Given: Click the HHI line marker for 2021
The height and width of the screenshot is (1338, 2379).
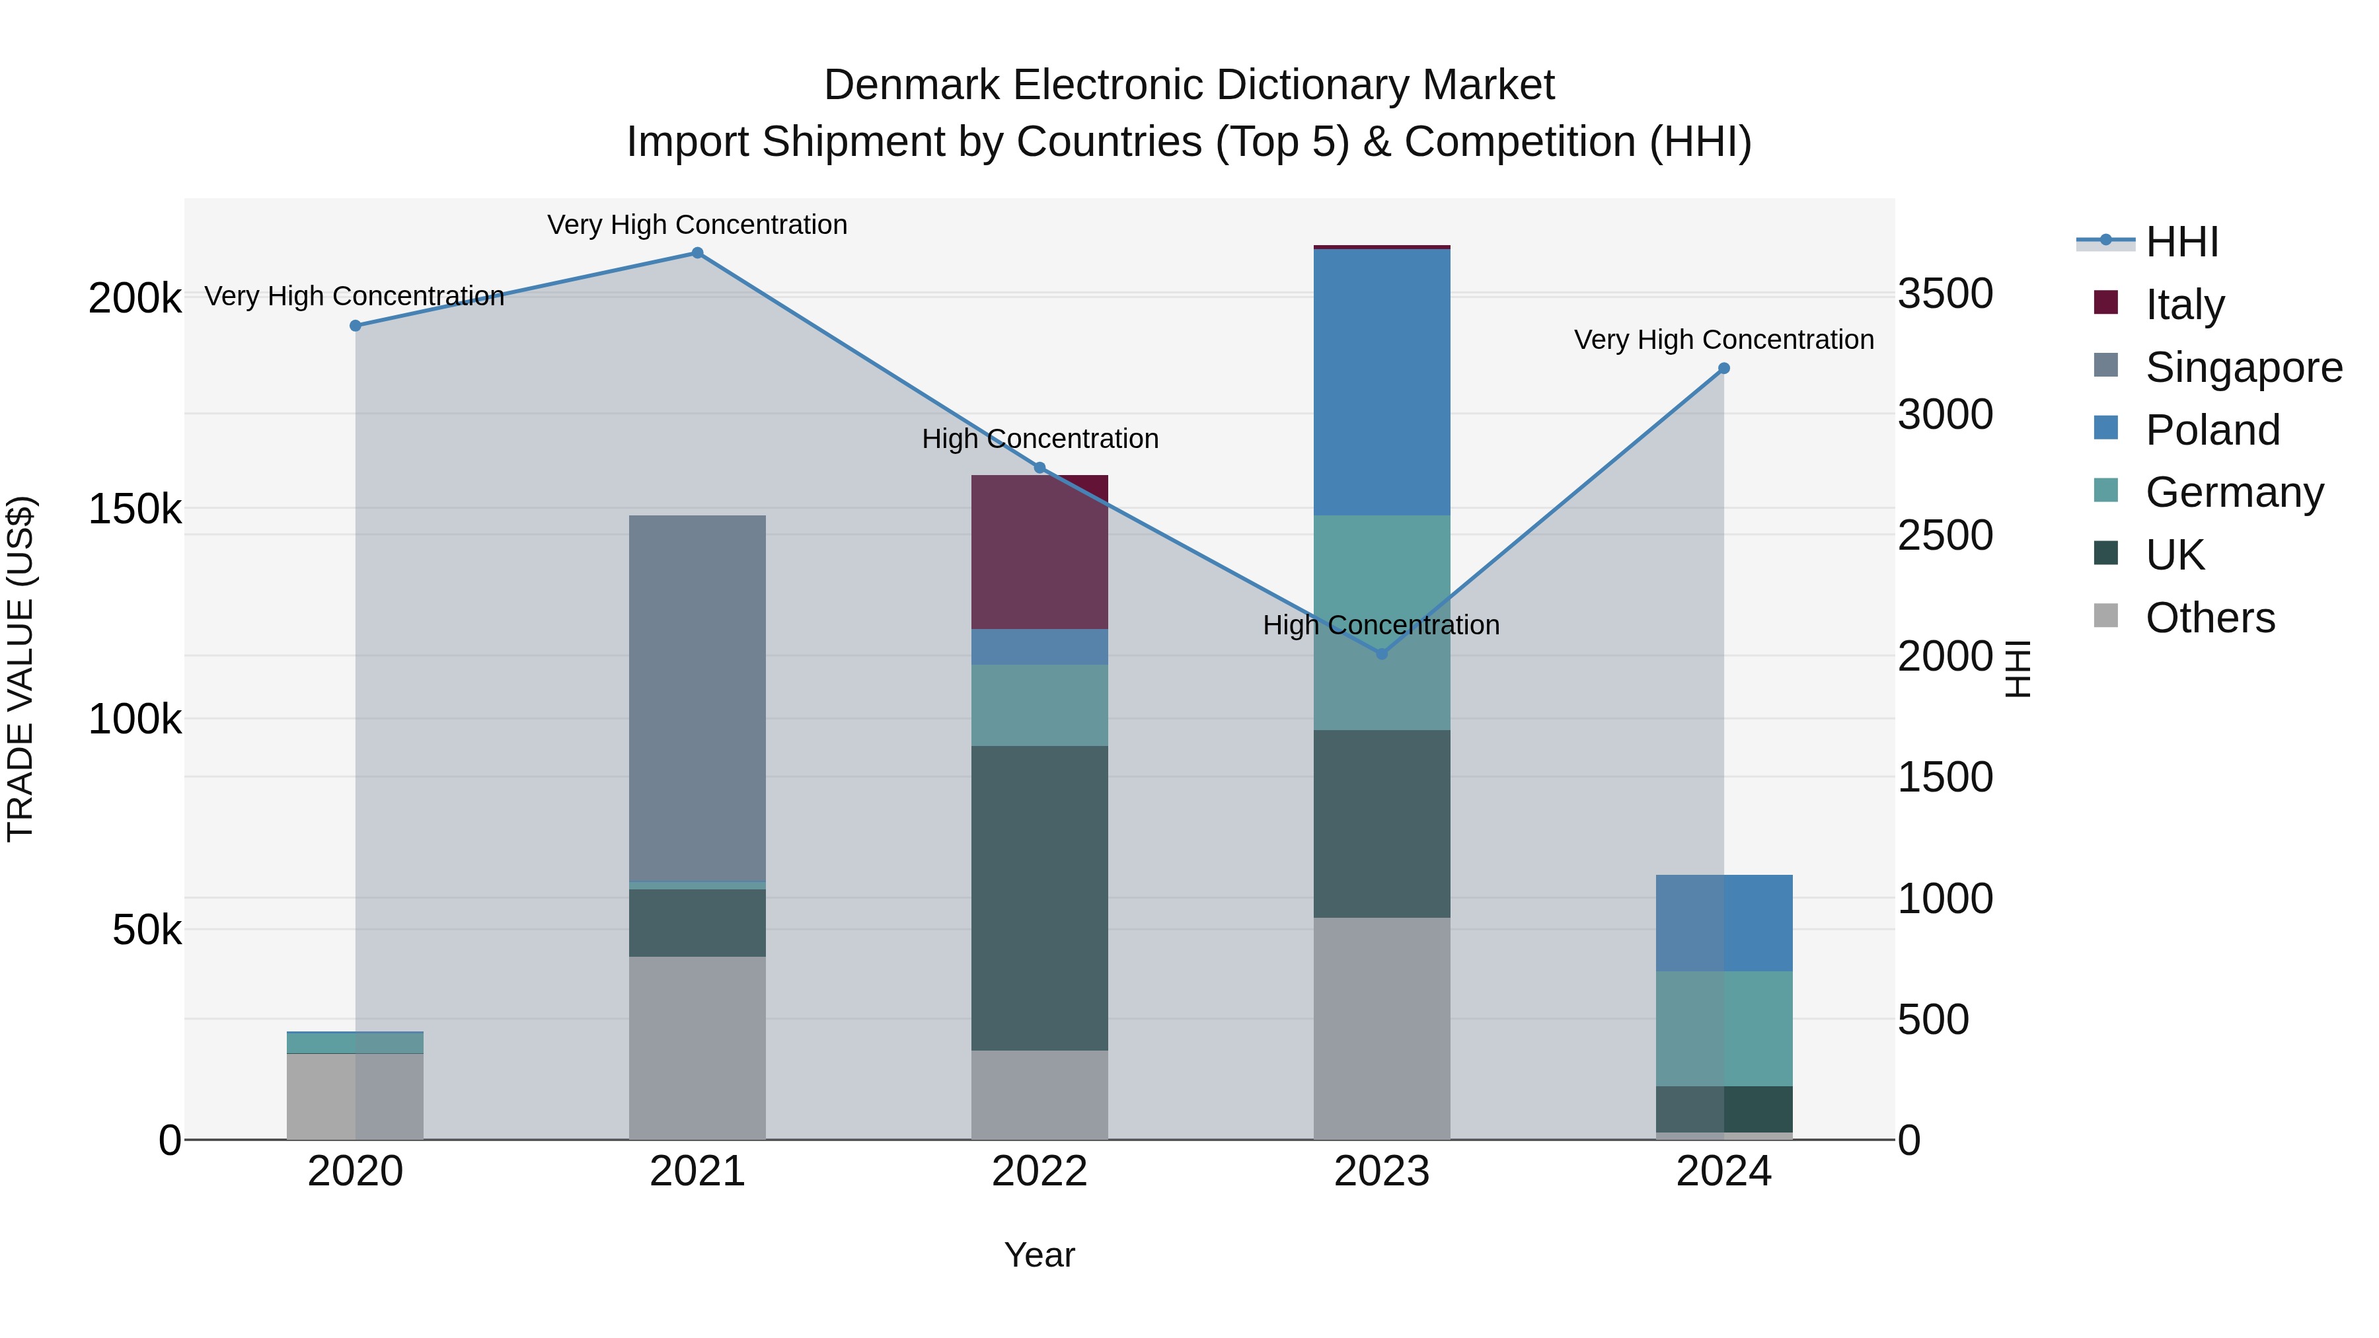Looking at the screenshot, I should coord(697,253).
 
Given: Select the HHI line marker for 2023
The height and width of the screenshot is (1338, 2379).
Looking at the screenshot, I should coord(1382,653).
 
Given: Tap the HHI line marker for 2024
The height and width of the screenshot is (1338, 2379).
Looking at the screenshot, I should coord(1723,369).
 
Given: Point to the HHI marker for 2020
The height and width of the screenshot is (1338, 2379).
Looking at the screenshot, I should coord(356,326).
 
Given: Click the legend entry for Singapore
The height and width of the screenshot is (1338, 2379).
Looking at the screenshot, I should coord(2244,367).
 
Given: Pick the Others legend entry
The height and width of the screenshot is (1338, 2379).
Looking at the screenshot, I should coord(2209,618).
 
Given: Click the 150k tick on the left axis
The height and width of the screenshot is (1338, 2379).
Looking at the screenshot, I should coord(135,509).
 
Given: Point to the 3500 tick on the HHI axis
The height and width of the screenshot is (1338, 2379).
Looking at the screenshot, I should coord(1945,295).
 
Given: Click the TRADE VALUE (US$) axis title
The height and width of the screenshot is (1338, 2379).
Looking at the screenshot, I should coord(21,669).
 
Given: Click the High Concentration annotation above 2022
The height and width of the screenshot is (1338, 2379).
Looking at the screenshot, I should coord(1040,439).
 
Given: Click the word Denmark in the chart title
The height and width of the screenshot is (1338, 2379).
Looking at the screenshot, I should coord(911,85).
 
